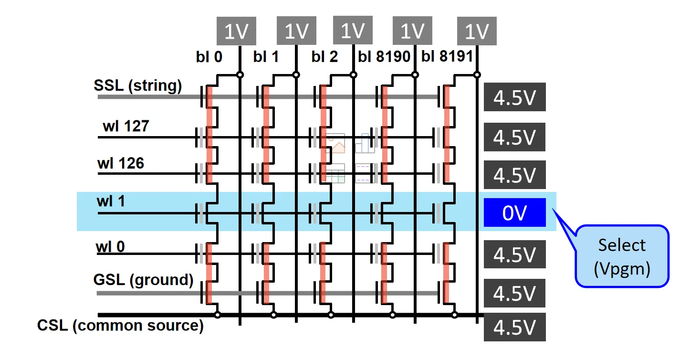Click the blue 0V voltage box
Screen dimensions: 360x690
(x=514, y=213)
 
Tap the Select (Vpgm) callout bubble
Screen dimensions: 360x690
(x=622, y=256)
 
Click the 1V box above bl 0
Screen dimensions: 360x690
(x=237, y=32)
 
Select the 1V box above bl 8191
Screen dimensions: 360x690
(x=476, y=32)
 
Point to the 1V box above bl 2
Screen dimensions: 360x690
(x=353, y=31)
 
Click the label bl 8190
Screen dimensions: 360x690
(x=384, y=57)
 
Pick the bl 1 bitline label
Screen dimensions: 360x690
(x=266, y=57)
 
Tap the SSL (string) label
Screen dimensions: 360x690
(x=138, y=86)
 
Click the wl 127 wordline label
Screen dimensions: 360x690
(x=125, y=126)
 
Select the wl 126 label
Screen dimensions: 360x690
(x=121, y=163)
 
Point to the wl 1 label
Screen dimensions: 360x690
(x=111, y=201)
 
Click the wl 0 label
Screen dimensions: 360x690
(x=111, y=247)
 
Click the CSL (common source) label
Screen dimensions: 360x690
(x=120, y=326)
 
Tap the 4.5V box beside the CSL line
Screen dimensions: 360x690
(x=514, y=328)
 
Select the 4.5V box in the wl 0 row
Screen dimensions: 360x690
(x=514, y=254)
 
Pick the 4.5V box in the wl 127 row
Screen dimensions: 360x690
(x=514, y=138)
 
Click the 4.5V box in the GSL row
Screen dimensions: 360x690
(x=514, y=293)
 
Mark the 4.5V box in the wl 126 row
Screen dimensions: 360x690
(x=514, y=175)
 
